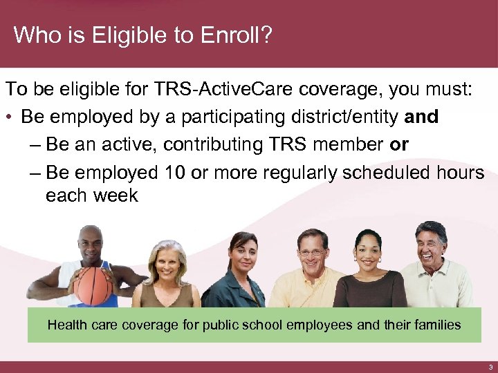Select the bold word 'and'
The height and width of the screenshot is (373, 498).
tap(422, 117)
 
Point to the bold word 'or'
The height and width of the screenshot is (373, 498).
tap(399, 145)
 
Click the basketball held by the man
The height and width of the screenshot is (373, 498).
tap(93, 285)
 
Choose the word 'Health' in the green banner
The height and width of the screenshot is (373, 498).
tap(66, 325)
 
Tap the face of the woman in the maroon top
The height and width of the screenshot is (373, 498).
tap(368, 253)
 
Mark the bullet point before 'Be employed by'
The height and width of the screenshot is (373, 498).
tap(11, 117)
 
